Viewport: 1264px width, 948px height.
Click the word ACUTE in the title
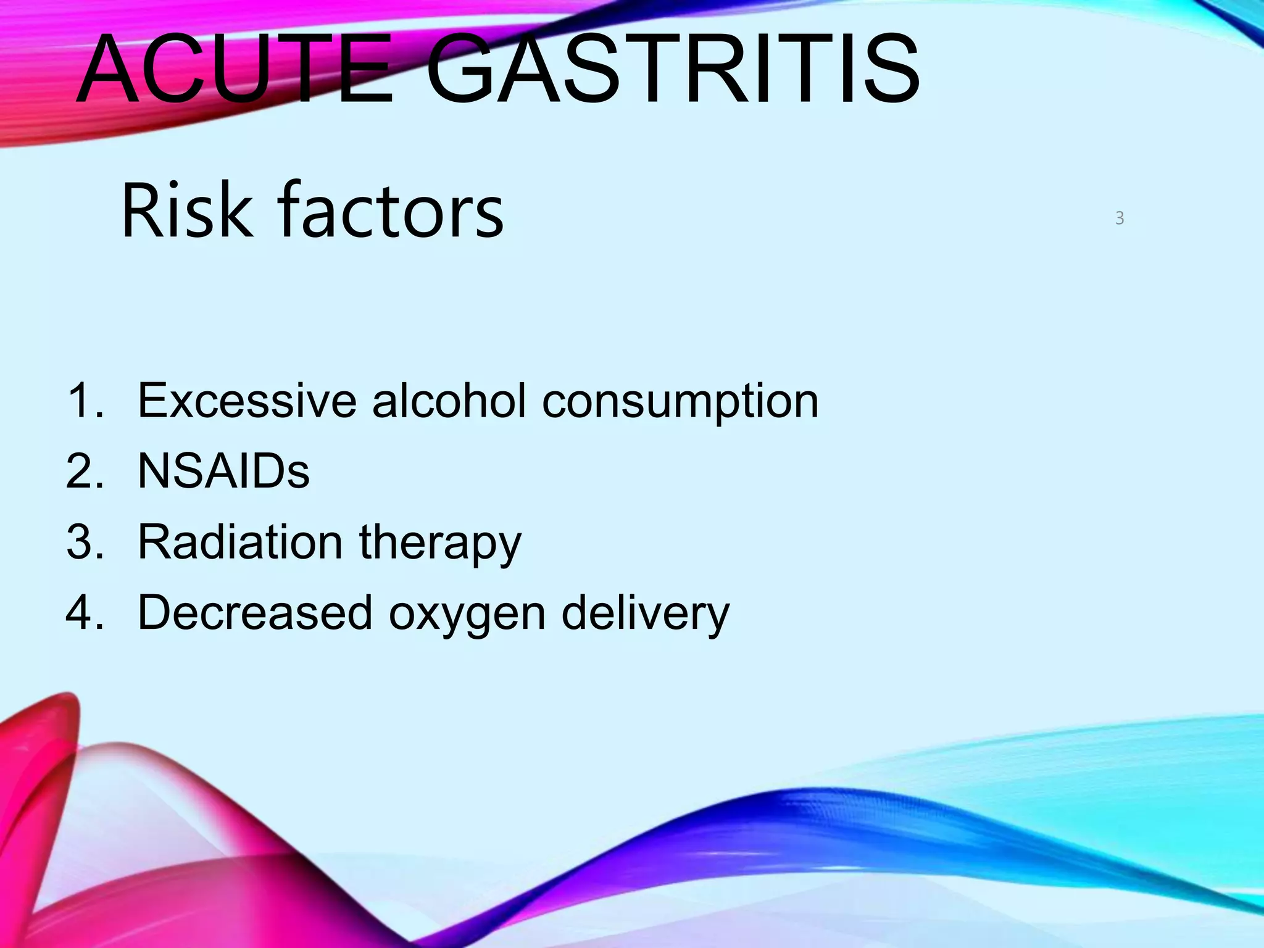(235, 69)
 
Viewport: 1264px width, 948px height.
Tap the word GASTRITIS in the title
(673, 69)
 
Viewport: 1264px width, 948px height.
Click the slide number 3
(1120, 218)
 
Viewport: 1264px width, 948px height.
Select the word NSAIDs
(223, 472)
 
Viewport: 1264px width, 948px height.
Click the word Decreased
(255, 613)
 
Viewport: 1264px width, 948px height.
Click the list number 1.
(84, 401)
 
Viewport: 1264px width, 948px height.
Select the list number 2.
(84, 472)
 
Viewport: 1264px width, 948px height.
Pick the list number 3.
(84, 542)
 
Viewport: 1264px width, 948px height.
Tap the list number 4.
(84, 613)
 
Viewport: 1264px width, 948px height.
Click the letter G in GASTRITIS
(466, 69)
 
